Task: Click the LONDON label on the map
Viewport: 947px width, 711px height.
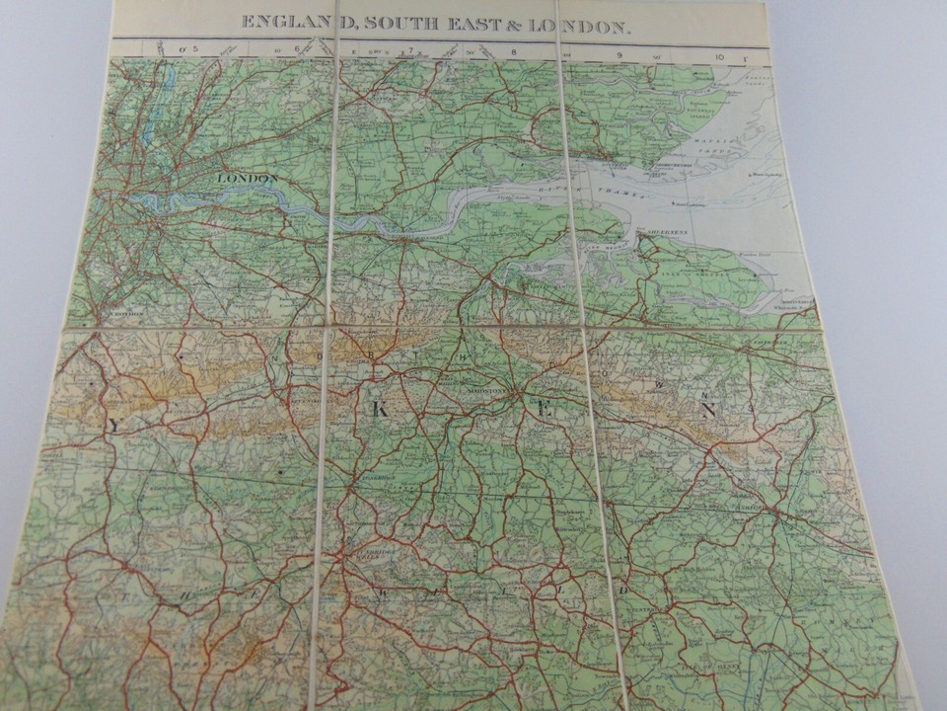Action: [x=247, y=178]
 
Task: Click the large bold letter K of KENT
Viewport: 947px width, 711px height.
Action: [x=379, y=410]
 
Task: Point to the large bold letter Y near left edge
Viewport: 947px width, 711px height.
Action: [x=114, y=426]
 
